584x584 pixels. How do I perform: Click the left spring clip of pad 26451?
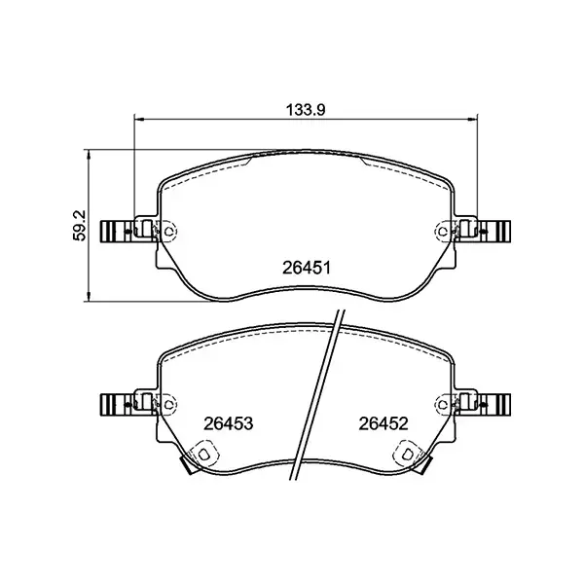tap(118, 231)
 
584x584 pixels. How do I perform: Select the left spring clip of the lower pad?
tap(118, 402)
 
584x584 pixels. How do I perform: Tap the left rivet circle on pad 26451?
tap(168, 231)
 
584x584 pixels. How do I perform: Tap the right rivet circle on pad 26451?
tap(442, 231)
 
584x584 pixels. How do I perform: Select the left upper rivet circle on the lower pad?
tap(168, 402)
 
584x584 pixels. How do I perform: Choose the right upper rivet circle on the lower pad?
tap(442, 402)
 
